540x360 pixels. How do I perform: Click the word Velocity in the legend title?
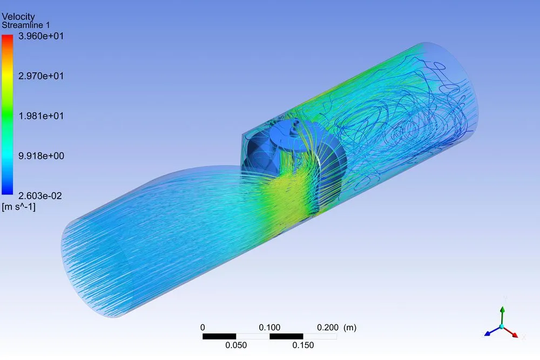click(19, 17)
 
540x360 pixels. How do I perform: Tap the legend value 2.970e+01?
click(41, 76)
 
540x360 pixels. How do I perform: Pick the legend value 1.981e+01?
click(41, 116)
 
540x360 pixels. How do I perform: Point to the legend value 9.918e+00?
click(41, 156)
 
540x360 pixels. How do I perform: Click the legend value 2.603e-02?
click(41, 196)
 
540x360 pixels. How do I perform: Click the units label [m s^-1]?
click(19, 206)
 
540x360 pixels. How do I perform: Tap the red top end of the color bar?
click(8, 39)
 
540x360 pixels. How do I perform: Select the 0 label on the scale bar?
click(202, 328)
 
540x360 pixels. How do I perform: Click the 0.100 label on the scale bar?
click(269, 328)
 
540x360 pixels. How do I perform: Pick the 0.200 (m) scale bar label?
click(335, 328)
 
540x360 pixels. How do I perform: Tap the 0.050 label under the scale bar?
click(236, 346)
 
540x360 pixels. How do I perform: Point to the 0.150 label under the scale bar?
click(303, 346)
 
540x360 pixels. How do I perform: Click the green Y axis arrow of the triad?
click(502, 313)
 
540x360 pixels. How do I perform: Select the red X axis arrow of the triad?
click(514, 334)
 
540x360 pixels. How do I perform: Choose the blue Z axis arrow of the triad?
click(489, 334)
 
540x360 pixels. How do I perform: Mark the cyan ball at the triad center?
click(502, 327)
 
